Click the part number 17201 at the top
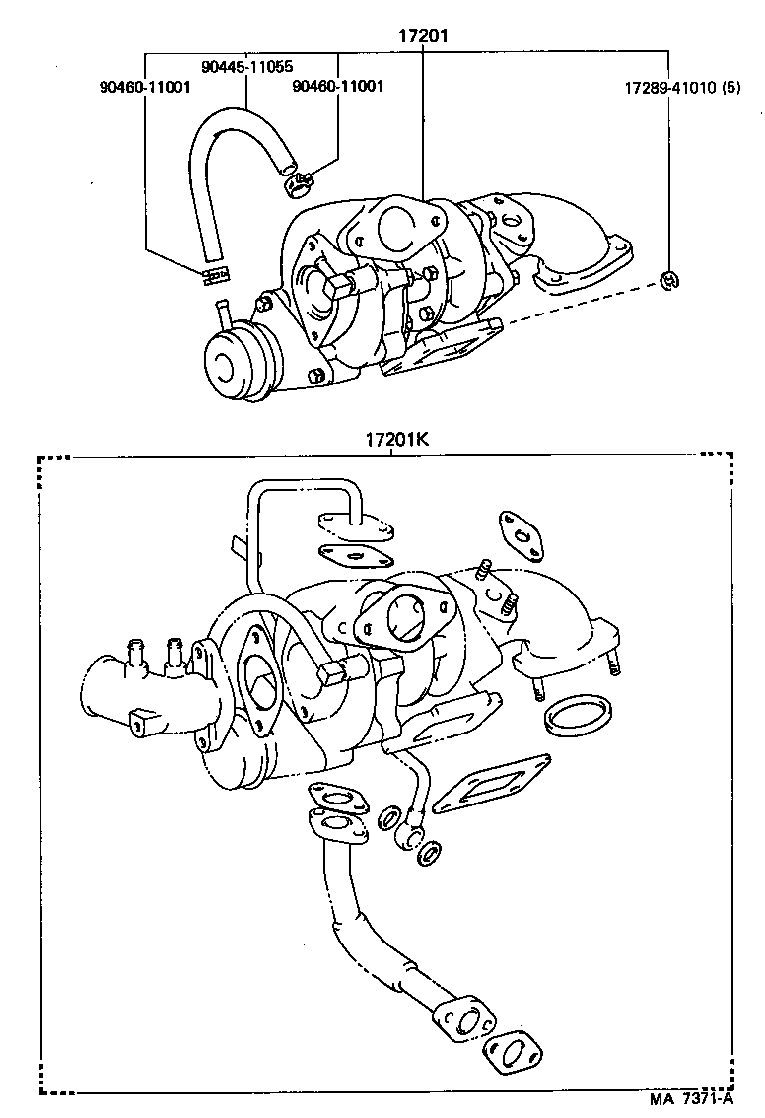click(x=423, y=37)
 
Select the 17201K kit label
click(x=397, y=441)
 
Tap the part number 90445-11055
click(x=245, y=67)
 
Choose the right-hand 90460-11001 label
click(x=338, y=86)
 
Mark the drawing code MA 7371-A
click(x=690, y=1098)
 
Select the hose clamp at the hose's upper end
click(x=296, y=181)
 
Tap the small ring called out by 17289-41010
click(x=667, y=281)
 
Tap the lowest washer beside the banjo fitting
click(x=430, y=854)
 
